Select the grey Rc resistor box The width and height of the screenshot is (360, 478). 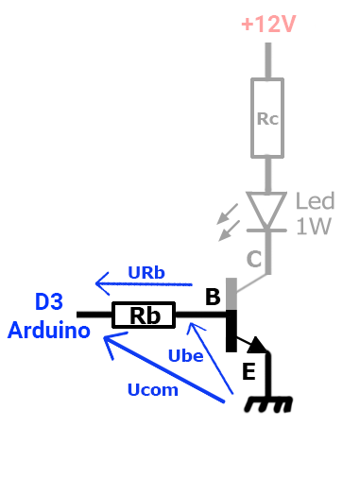click(x=268, y=118)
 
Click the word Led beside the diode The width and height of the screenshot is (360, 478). click(x=315, y=201)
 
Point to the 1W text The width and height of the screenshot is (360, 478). click(x=314, y=227)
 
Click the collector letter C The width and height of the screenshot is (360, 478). click(x=253, y=258)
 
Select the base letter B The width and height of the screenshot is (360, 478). click(x=214, y=298)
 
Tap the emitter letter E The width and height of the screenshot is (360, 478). click(x=249, y=372)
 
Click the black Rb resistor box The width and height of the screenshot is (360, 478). click(x=144, y=315)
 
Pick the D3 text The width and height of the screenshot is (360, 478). click(x=49, y=302)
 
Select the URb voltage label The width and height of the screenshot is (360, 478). click(x=146, y=273)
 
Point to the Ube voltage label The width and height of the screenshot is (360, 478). click(x=185, y=355)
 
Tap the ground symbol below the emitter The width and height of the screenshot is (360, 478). click(x=268, y=403)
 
